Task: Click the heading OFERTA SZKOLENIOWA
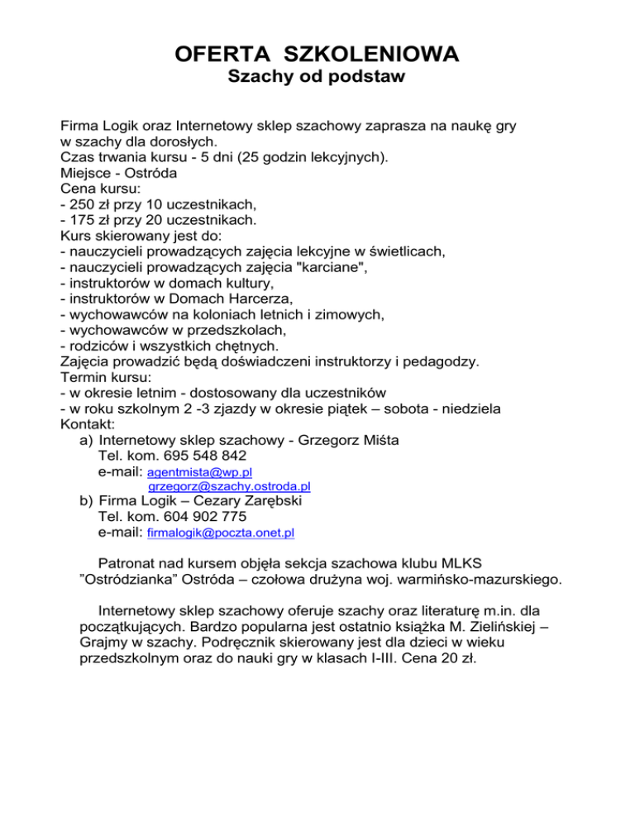(317, 55)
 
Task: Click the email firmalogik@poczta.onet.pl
(220, 535)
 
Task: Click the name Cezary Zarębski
(251, 502)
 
